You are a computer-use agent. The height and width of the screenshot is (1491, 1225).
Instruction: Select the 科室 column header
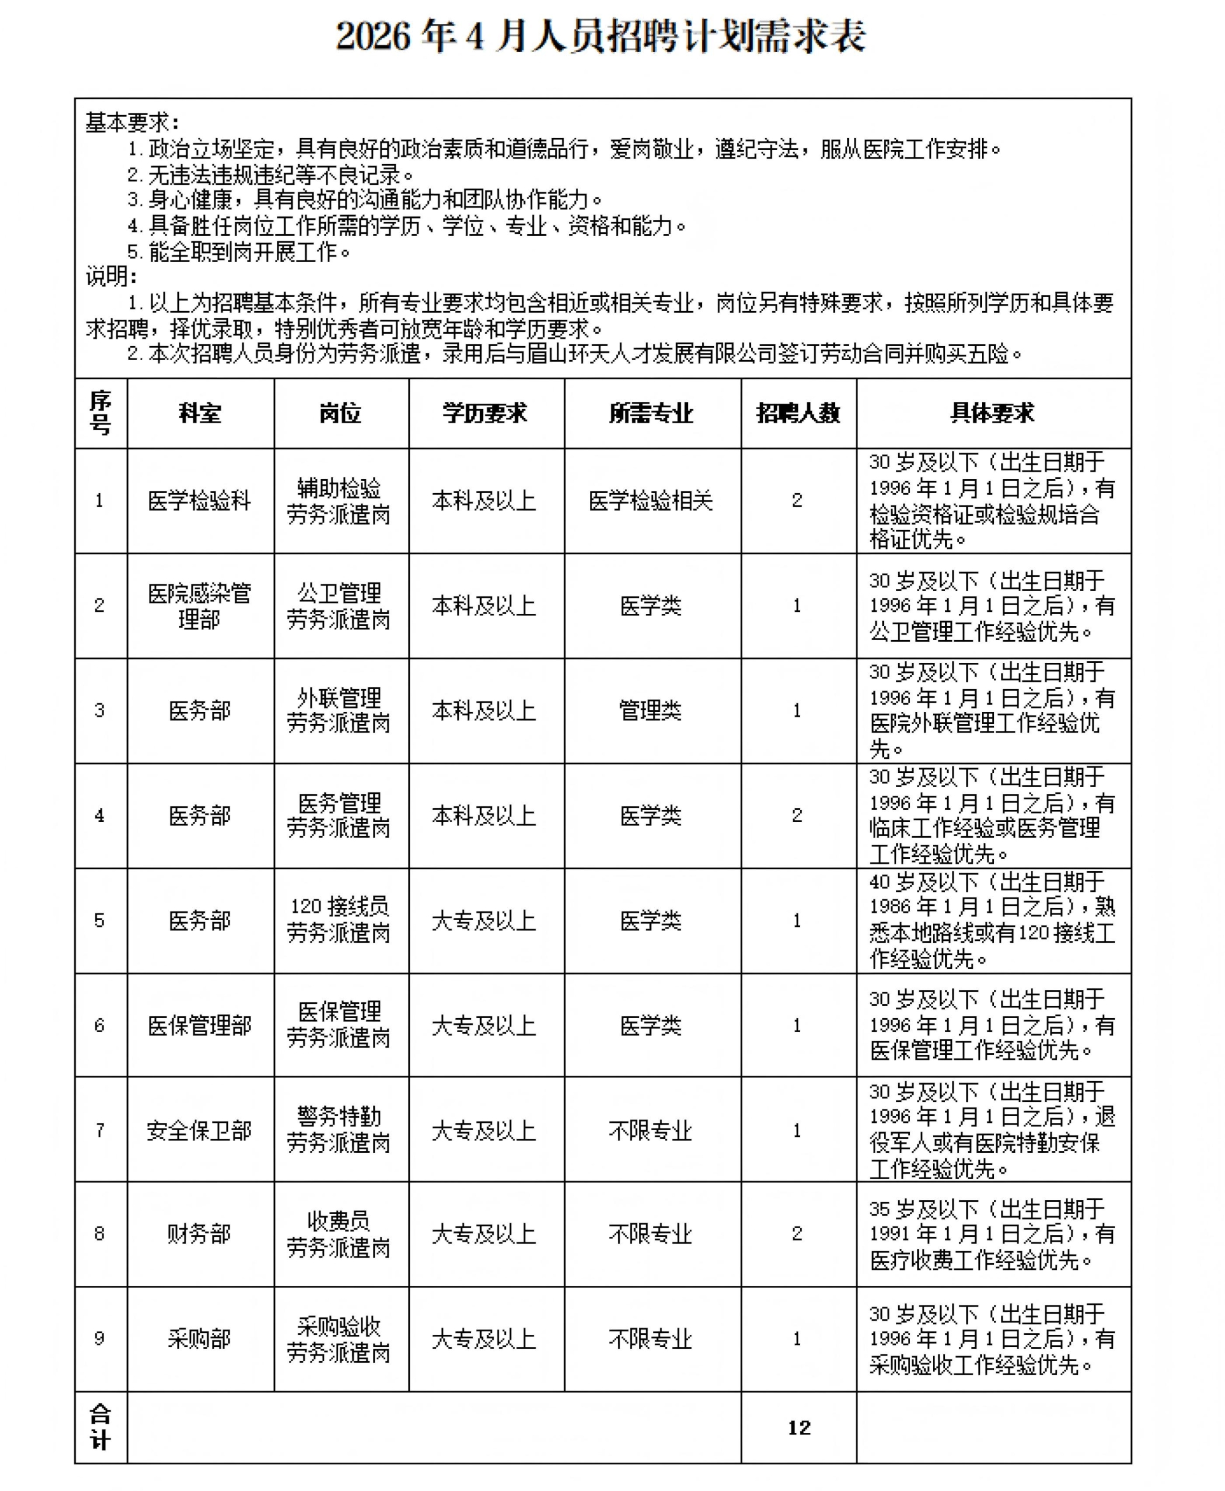pyautogui.click(x=200, y=413)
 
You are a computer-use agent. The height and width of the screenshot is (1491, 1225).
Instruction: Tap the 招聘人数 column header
pyautogui.click(x=798, y=413)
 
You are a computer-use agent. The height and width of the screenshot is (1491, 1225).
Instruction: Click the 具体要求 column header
pyautogui.click(x=992, y=413)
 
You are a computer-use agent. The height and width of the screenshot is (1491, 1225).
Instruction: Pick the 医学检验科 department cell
pyautogui.click(x=200, y=501)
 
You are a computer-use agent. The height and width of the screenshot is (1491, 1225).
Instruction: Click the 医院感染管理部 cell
pyautogui.click(x=200, y=605)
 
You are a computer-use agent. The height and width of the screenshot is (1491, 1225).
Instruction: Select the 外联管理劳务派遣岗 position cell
pyautogui.click(x=339, y=710)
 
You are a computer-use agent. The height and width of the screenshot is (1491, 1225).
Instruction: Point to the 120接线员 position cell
pyautogui.click(x=339, y=919)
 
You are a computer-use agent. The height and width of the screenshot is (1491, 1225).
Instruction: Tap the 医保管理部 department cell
pyautogui.click(x=200, y=1025)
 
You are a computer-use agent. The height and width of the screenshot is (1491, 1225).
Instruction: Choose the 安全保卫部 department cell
pyautogui.click(x=200, y=1130)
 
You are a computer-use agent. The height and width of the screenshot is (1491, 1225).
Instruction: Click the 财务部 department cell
pyautogui.click(x=200, y=1234)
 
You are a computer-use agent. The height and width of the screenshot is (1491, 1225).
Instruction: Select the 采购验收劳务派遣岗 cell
pyautogui.click(x=339, y=1338)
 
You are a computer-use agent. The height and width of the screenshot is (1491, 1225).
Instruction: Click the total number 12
pyautogui.click(x=799, y=1427)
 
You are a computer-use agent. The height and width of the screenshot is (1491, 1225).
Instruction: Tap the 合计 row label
pyautogui.click(x=100, y=1427)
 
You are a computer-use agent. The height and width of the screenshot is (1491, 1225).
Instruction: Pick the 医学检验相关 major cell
pyautogui.click(x=650, y=501)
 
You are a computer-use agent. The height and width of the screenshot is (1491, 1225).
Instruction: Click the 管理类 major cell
pyautogui.click(x=650, y=710)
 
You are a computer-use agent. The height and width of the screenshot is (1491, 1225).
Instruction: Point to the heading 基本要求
pyautogui.click(x=131, y=123)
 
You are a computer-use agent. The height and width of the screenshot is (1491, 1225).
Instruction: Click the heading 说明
pyautogui.click(x=111, y=277)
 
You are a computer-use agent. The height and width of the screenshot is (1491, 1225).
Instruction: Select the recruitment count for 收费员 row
pyautogui.click(x=797, y=1234)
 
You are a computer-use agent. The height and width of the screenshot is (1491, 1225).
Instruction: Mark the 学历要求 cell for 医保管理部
pyautogui.click(x=484, y=1025)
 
